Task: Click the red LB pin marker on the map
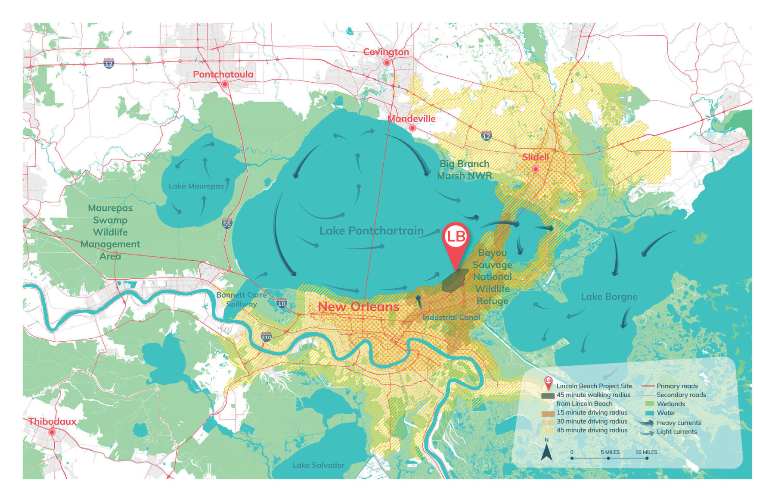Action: pos(456,237)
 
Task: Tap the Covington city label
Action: pos(386,52)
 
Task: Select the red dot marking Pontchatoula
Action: pos(225,84)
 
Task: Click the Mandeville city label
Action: pos(411,118)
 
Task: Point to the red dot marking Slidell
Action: pos(536,169)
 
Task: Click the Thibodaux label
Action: pos(52,421)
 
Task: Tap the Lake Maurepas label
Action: pos(196,186)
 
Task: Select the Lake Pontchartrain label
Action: pos(371,231)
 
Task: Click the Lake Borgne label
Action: pos(609,296)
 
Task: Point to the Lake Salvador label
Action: pos(318,465)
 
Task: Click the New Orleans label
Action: pos(358,307)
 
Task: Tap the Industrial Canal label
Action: pos(451,317)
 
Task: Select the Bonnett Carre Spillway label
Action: pos(241,299)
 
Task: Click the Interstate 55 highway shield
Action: pos(227,223)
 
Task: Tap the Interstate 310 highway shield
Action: pos(266,337)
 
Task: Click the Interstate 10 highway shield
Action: pos(282,303)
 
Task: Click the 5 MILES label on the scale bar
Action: pos(610,452)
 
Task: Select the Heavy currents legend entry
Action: pos(679,423)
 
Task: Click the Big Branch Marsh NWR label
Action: pos(464,169)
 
